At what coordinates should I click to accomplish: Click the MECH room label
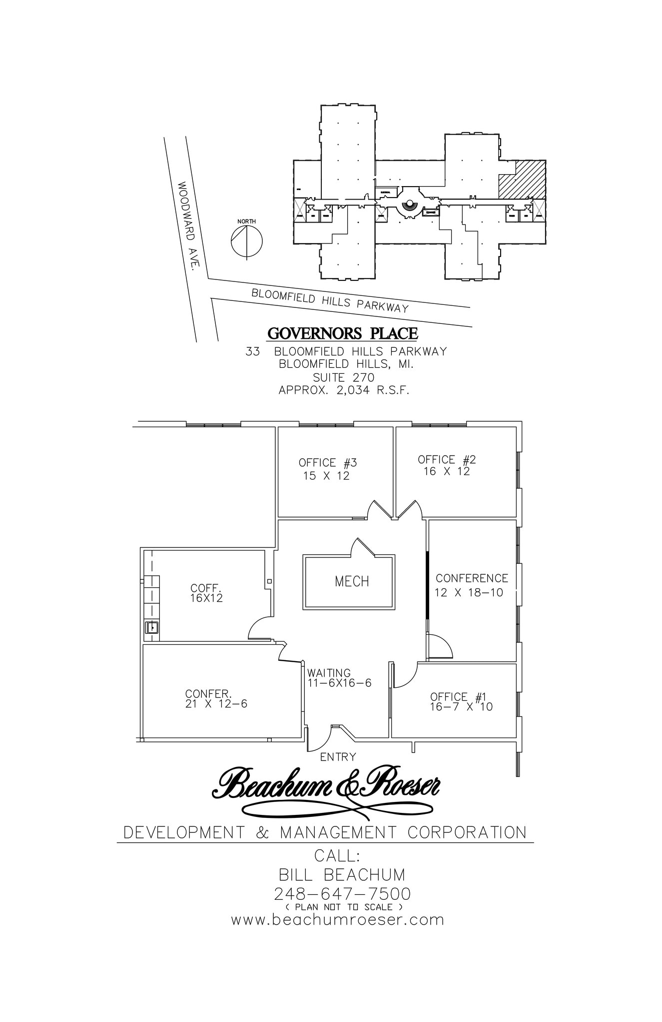[x=352, y=581]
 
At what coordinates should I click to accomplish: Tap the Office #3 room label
[x=328, y=463]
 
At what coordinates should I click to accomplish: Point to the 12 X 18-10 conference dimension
[x=469, y=593]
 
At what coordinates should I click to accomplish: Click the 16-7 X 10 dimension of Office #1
[x=461, y=707]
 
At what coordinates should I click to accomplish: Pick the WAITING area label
[x=329, y=673]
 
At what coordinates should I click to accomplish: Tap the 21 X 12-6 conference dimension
[x=216, y=704]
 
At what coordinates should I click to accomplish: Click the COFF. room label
[x=205, y=588]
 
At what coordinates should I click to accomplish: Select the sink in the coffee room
[x=151, y=627]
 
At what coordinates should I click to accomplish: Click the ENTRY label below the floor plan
[x=338, y=757]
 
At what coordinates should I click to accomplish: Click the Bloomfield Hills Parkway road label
[x=330, y=300]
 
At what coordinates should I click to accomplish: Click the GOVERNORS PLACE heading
[x=342, y=333]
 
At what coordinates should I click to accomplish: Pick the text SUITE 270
[x=343, y=378]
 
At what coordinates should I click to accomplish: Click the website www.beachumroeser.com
[x=337, y=919]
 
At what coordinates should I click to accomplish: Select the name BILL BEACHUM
[x=342, y=875]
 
